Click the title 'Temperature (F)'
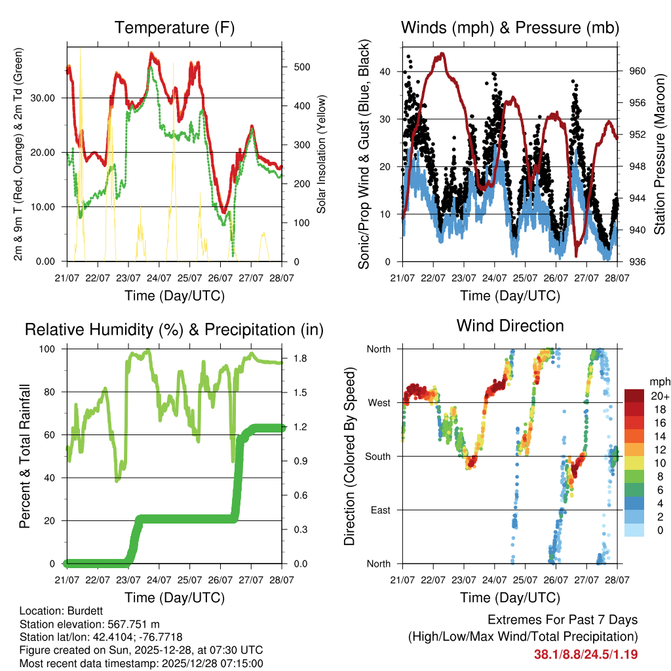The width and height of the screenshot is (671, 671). (174, 28)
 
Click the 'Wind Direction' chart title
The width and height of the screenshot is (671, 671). (510, 325)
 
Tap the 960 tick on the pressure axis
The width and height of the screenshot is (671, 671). (638, 71)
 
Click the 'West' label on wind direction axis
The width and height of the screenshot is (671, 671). (378, 402)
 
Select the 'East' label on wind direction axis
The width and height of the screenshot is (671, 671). (380, 510)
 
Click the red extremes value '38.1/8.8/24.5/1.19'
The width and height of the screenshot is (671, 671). (586, 654)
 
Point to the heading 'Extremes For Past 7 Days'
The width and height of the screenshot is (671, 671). (562, 620)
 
